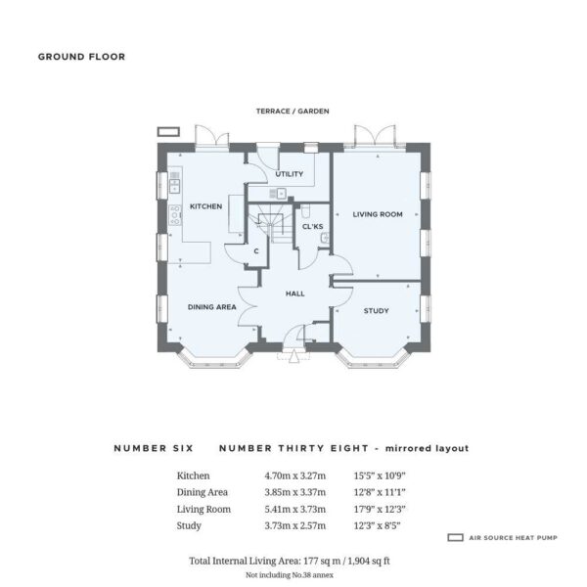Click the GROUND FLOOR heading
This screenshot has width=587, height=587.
81,57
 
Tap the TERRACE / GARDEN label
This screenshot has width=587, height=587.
293,112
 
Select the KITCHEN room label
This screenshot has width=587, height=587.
205,206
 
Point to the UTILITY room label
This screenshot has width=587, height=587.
290,174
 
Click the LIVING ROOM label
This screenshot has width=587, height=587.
378,214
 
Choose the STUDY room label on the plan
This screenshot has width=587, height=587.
377,311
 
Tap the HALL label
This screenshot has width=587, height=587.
295,293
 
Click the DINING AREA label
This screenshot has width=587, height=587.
212,307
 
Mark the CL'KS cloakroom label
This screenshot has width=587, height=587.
313,227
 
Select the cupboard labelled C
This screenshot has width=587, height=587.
256,251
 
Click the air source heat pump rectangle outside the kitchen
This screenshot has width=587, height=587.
168,132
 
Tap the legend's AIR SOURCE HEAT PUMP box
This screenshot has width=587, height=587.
455,537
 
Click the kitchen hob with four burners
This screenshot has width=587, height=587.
175,215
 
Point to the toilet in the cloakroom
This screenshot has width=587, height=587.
305,210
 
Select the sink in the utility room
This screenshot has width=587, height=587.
278,193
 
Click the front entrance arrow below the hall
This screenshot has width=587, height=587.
293,356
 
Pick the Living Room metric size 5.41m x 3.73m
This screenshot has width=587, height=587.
295,509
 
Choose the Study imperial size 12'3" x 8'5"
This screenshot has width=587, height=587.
377,525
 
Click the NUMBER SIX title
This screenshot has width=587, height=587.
154,448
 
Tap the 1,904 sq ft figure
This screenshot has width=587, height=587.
369,561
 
